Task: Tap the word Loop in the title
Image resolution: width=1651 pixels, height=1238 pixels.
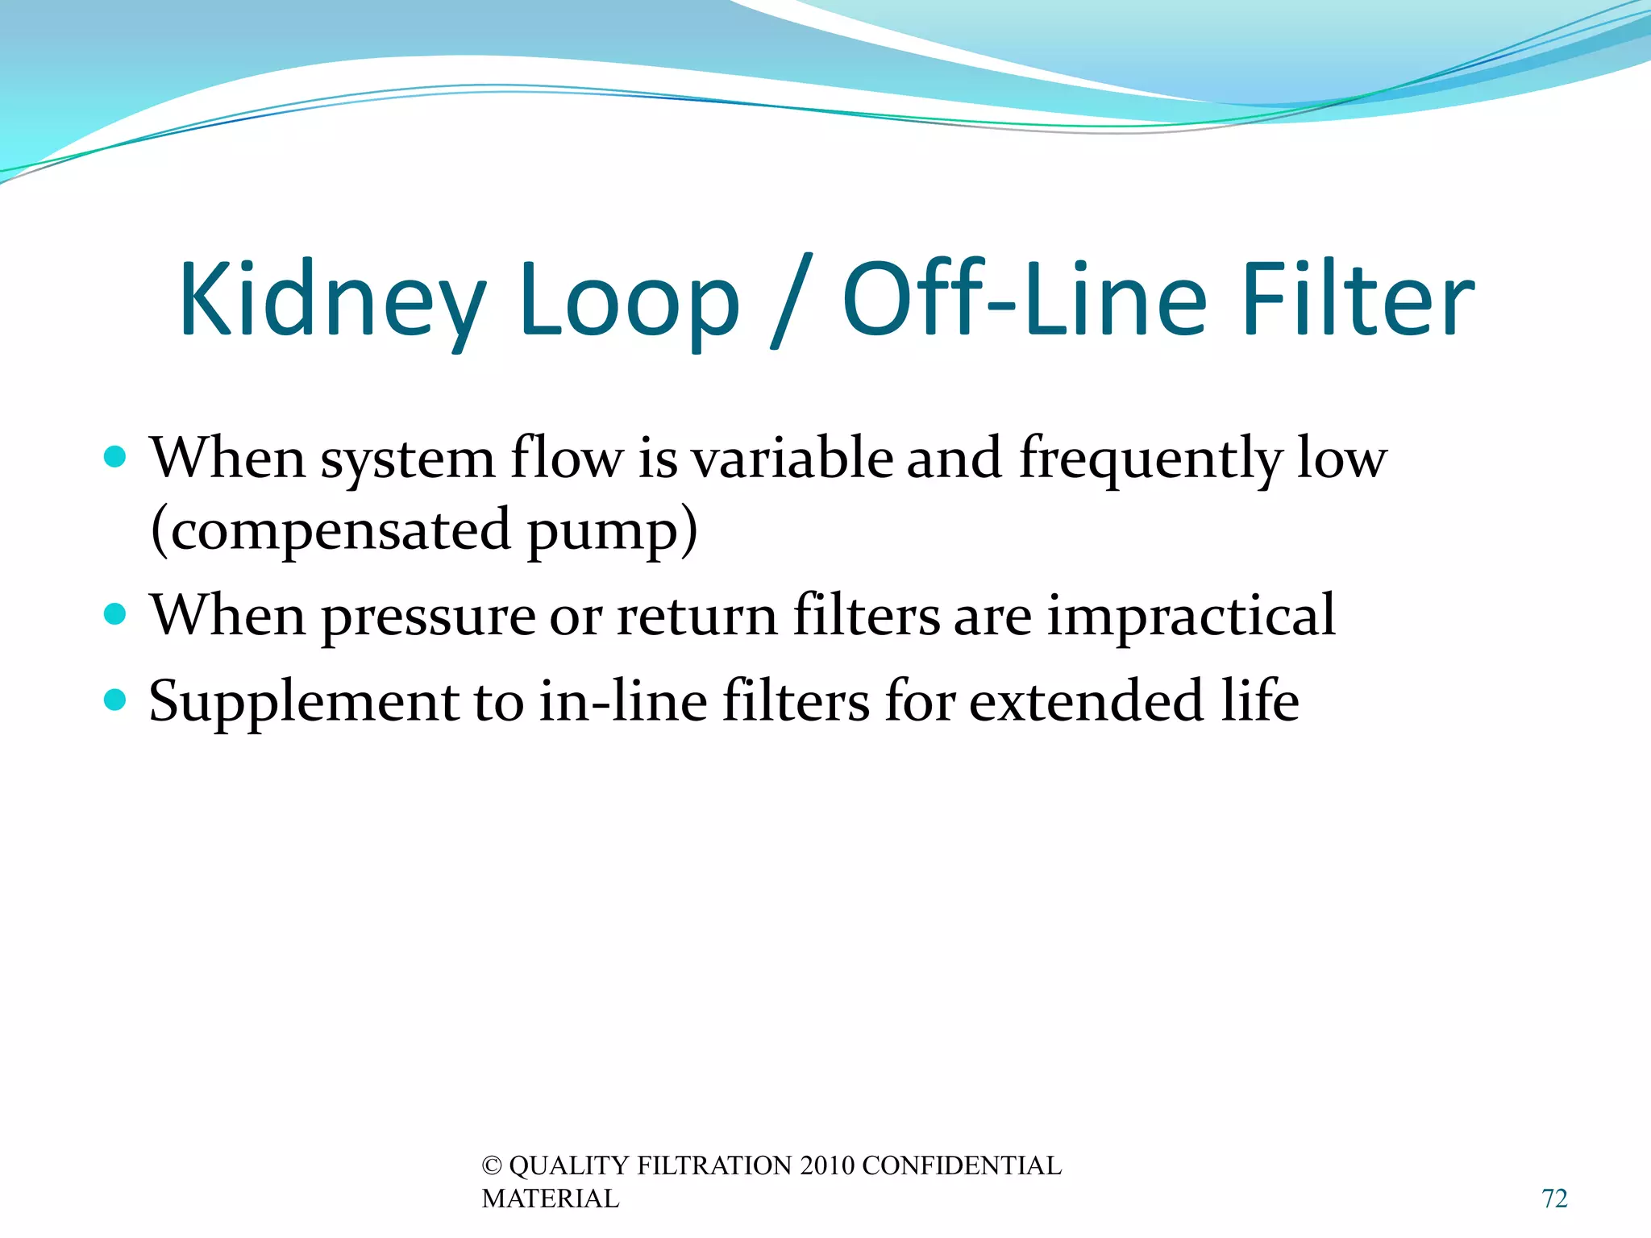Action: pyautogui.click(x=629, y=300)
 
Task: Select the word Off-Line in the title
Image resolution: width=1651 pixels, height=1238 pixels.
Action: pyautogui.click(x=1024, y=300)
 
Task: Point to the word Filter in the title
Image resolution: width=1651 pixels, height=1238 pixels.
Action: pyautogui.click(x=1358, y=300)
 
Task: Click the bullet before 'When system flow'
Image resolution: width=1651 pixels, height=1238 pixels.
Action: pyautogui.click(x=116, y=458)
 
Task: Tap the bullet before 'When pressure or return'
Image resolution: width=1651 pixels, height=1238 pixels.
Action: pyautogui.click(x=116, y=615)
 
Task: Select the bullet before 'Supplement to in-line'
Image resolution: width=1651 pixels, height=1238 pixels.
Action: pyautogui.click(x=116, y=700)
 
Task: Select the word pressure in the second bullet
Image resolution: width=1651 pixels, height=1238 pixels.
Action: pyautogui.click(x=429, y=617)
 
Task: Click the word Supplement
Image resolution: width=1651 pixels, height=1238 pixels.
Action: pyautogui.click(x=304, y=701)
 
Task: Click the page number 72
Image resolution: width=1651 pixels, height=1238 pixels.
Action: pyautogui.click(x=1554, y=1199)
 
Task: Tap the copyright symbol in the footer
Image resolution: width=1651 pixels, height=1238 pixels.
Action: pyautogui.click(x=492, y=1166)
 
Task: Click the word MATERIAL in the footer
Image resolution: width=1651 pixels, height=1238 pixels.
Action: pyautogui.click(x=551, y=1199)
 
